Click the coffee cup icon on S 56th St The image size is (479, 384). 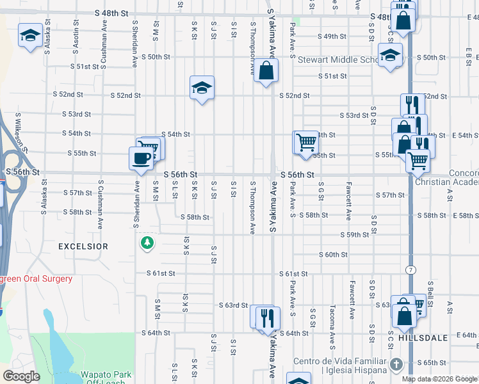pyautogui.click(x=141, y=157)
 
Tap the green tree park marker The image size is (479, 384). pyautogui.click(x=148, y=243)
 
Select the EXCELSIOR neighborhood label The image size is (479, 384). pyautogui.click(x=83, y=246)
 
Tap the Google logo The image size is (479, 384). pyautogui.click(x=21, y=376)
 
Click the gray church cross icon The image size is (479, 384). pyautogui.click(x=396, y=365)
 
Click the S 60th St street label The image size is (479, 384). pyautogui.click(x=334, y=255)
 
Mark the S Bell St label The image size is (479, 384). pyautogui.click(x=431, y=291)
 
